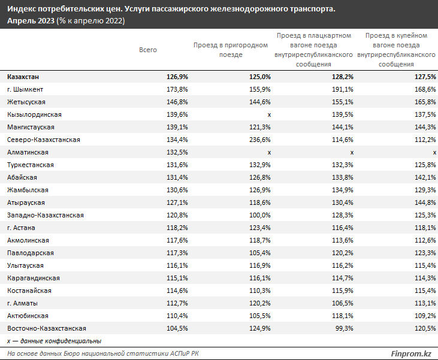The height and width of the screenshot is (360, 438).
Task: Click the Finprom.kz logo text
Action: (411, 354)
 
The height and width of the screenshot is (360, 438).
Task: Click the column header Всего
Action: (147, 50)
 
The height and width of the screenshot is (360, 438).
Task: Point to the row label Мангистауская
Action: (31, 127)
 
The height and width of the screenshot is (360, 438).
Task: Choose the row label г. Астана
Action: (22, 228)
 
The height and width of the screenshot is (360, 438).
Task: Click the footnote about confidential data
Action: (54, 341)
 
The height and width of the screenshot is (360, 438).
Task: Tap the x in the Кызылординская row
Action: (270, 114)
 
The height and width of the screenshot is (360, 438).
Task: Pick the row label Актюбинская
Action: (28, 316)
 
